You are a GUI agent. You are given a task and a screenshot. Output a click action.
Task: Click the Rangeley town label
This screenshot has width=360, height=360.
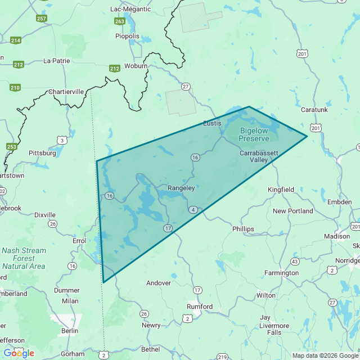tap(181, 188)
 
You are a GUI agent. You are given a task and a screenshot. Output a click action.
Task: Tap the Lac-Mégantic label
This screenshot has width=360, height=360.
tap(130, 9)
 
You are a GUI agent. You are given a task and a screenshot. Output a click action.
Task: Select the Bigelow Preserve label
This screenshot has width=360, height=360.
tap(254, 134)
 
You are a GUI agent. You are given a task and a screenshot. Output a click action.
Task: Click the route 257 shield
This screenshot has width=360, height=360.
tap(42, 18)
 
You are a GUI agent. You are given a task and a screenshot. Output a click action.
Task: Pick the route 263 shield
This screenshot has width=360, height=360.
tap(119, 21)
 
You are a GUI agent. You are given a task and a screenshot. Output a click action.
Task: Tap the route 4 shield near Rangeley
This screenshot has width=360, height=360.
tap(193, 210)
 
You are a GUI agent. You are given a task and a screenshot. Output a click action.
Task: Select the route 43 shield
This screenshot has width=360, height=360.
tap(295, 262)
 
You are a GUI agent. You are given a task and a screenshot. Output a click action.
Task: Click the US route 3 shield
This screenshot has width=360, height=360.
tap(62, 139)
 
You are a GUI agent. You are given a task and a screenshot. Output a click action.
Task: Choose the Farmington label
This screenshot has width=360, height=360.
tap(282, 273)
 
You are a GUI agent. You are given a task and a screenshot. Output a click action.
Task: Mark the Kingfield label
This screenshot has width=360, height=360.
tap(281, 190)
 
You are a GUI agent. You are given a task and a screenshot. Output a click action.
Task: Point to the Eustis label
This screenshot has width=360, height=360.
tap(212, 123)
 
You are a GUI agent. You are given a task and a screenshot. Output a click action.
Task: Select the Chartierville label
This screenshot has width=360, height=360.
tap(66, 92)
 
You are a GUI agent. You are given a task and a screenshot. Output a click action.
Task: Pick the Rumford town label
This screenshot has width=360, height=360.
tap(200, 307)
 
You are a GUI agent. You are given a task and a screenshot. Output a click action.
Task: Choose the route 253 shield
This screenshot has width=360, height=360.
tap(12, 146)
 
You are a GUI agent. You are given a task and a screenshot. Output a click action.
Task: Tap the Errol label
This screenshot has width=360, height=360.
tap(79, 240)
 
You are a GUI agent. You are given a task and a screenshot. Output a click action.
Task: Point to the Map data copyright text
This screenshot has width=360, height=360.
tap(325, 355)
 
